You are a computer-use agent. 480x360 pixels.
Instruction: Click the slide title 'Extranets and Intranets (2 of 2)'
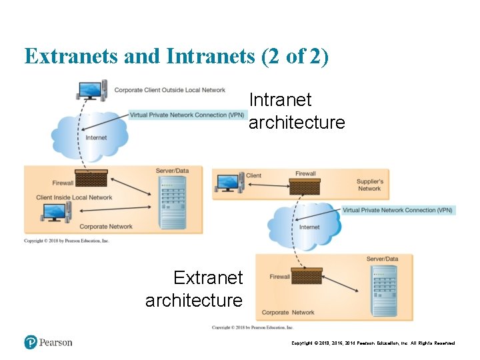point(176,57)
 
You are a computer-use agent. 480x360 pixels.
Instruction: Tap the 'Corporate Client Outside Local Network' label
point(169,90)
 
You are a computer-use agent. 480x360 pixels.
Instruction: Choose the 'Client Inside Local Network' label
point(74,197)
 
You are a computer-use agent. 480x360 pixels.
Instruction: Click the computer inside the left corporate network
point(55,213)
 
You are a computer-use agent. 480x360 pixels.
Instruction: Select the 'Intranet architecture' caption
point(296,111)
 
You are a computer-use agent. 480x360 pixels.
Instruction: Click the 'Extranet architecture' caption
point(195,289)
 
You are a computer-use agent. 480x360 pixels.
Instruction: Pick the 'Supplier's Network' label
point(369,185)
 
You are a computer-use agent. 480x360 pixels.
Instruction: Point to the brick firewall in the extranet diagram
point(307,276)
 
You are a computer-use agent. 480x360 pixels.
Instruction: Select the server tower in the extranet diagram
point(384,286)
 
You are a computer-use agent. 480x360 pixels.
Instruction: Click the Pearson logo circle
point(31,342)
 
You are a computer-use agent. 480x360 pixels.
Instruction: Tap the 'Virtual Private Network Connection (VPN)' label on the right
point(397,210)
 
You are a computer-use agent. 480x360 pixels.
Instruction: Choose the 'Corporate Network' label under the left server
point(106,227)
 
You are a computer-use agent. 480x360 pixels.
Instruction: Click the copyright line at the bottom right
point(373,343)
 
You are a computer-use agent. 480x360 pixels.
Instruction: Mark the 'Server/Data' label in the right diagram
point(382,259)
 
